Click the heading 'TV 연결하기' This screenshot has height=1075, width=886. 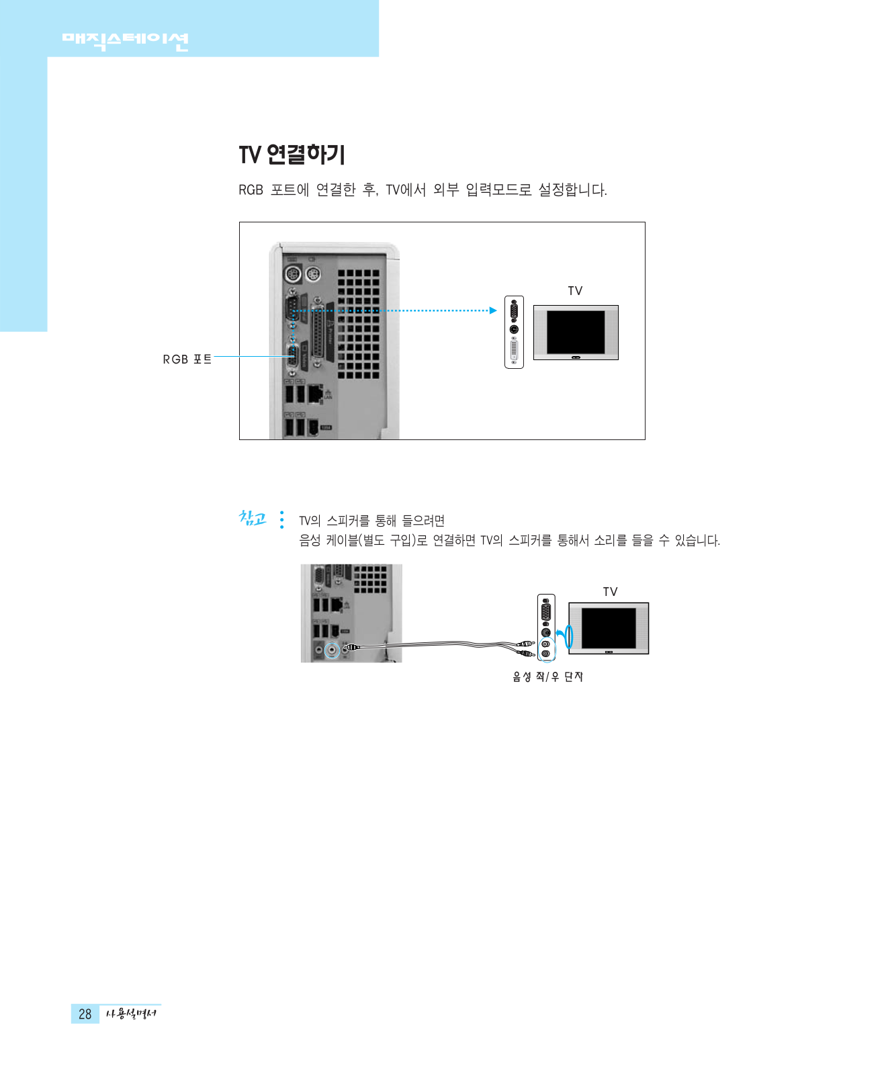(x=292, y=155)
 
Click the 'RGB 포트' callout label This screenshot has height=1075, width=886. (x=187, y=359)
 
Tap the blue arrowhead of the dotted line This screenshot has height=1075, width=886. (x=493, y=310)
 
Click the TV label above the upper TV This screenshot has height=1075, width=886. (x=575, y=291)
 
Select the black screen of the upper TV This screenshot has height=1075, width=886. (x=576, y=332)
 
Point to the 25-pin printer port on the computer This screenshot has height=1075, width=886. (x=318, y=333)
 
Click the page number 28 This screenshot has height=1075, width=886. (x=85, y=1014)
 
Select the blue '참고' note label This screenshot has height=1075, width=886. (x=253, y=519)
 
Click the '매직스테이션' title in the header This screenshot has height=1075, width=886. (x=125, y=42)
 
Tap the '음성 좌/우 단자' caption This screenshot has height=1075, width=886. (x=547, y=677)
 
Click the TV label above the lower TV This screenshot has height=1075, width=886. (x=610, y=592)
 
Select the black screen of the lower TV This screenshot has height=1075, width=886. (x=609, y=628)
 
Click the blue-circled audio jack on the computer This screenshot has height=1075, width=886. (x=332, y=650)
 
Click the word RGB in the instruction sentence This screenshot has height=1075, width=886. (x=251, y=190)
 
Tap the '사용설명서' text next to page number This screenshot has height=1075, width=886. (x=131, y=1014)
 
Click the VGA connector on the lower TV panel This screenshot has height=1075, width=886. (x=546, y=611)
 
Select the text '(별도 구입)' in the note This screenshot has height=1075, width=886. (x=386, y=540)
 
